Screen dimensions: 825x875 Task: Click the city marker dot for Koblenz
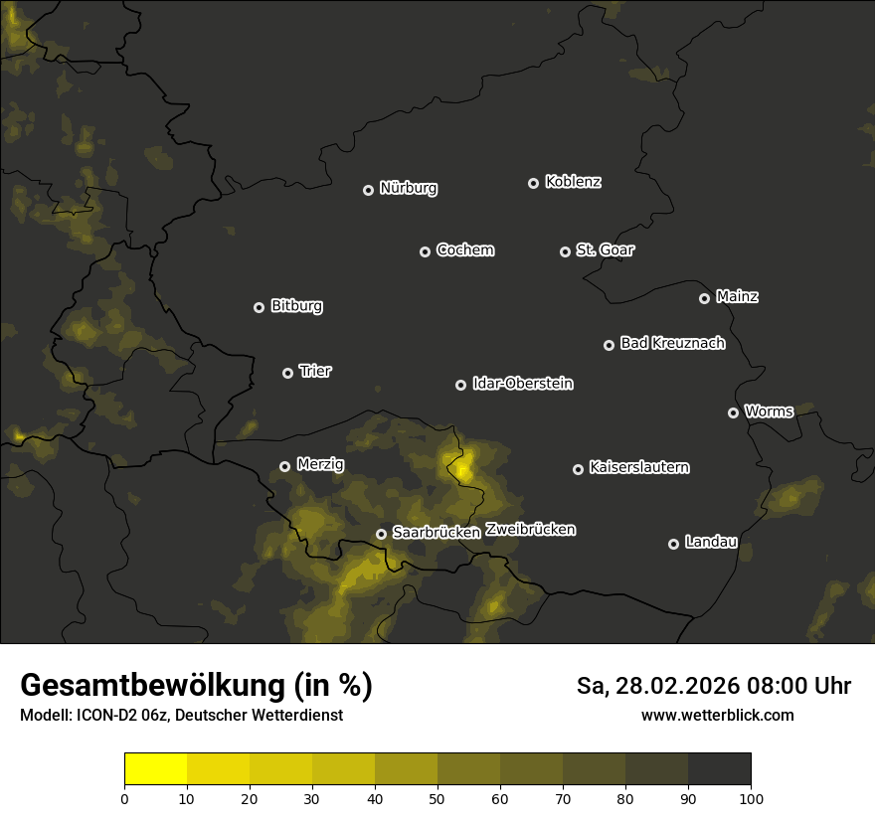coord(533,183)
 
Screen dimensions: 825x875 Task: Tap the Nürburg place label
coord(409,188)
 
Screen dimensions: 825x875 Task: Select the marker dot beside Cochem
coord(425,251)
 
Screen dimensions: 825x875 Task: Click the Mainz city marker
coord(704,298)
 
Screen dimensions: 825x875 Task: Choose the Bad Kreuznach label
coord(672,343)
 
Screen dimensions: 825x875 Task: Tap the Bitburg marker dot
coord(259,307)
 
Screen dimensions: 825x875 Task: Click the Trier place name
coord(315,371)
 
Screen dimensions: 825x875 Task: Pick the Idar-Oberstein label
coord(522,383)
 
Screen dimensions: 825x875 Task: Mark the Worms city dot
coord(733,412)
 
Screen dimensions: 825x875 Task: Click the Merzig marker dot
coord(284,466)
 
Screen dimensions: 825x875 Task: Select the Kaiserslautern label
coord(638,467)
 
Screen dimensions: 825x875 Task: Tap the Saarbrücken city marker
coord(381,534)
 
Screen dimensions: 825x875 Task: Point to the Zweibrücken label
coord(530,530)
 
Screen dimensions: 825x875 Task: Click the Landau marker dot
coord(673,544)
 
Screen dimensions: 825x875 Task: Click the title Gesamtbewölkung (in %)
coord(196,686)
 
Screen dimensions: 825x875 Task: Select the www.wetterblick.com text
coord(717,715)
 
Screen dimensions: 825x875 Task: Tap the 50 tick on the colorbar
coord(437,797)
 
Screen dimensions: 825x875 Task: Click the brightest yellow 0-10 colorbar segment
coord(156,768)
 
